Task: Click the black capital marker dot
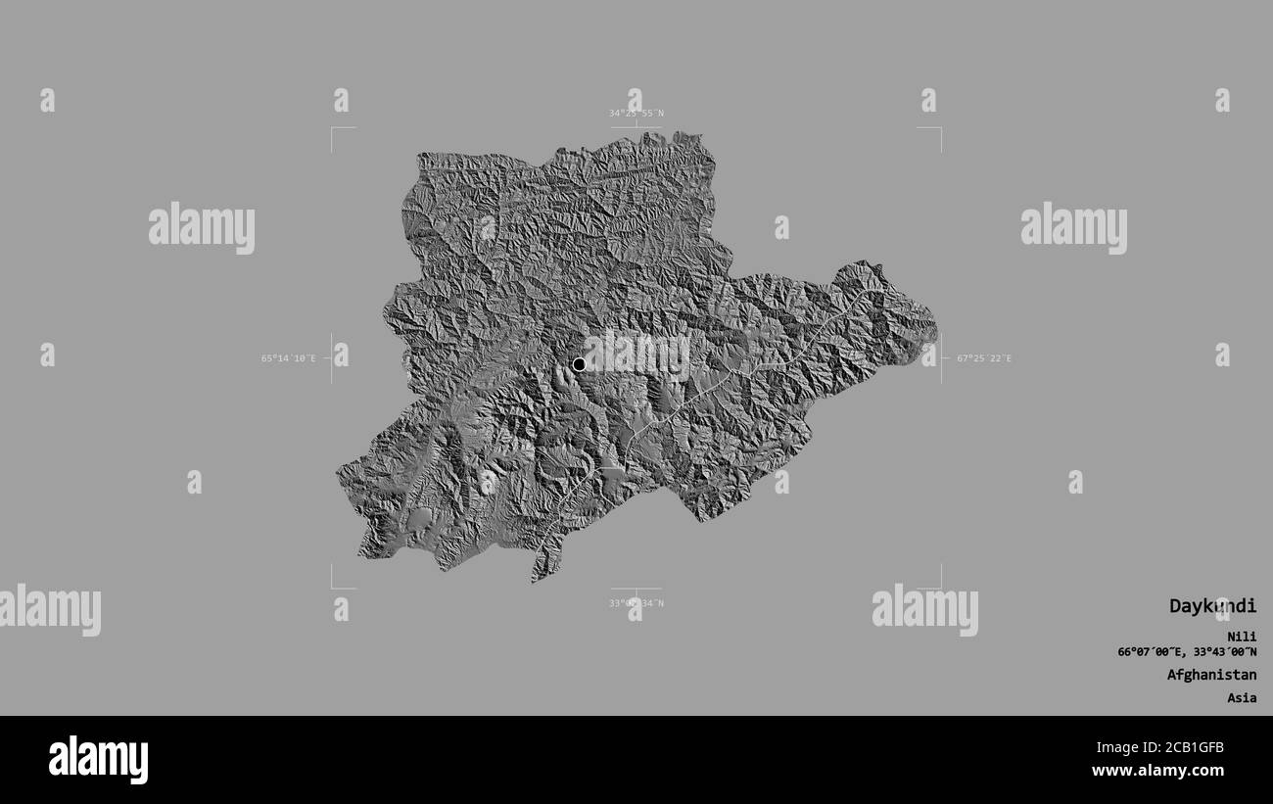579,364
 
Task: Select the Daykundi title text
1212,606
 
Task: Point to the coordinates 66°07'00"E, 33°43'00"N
1187,652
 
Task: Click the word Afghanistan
1211,675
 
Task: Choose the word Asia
1243,698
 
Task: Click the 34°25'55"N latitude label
636,113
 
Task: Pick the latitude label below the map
636,603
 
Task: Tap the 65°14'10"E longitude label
289,358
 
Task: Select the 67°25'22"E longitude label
983,358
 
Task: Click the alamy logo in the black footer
98,760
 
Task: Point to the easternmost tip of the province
935,323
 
